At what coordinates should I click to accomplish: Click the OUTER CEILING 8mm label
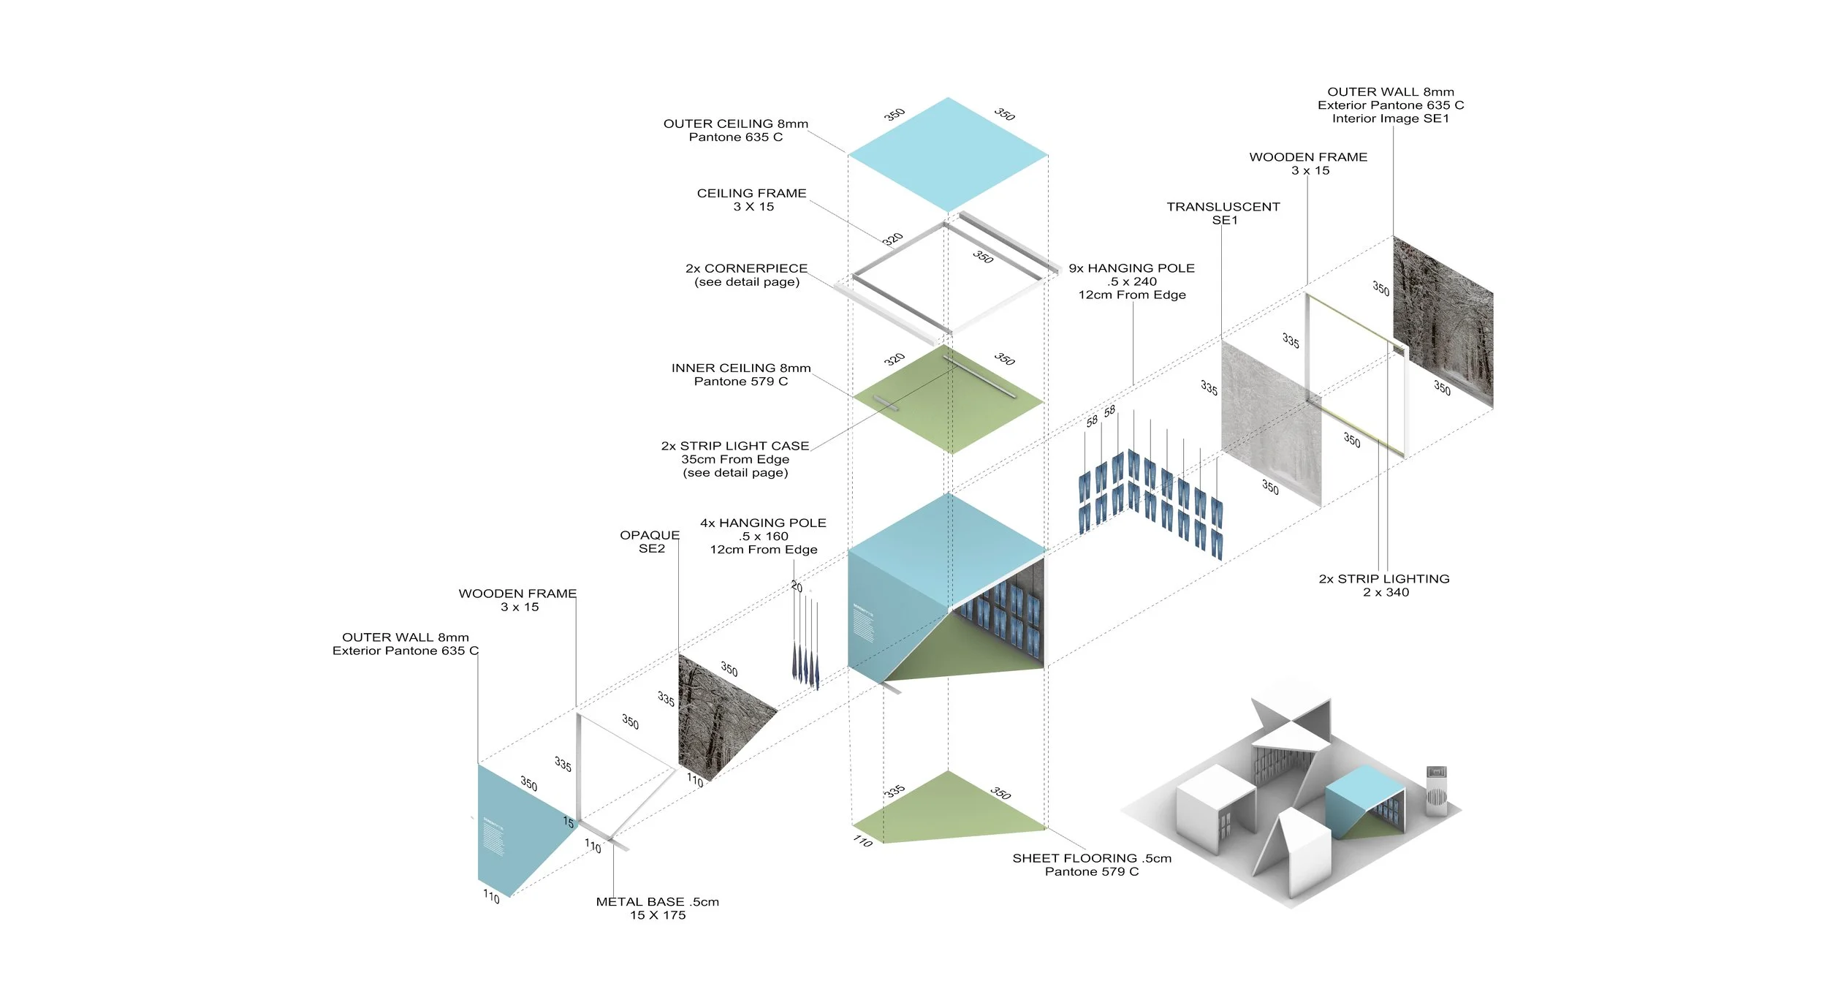pos(735,130)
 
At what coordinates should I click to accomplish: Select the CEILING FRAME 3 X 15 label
pos(752,200)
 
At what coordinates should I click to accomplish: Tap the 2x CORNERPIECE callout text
pos(746,275)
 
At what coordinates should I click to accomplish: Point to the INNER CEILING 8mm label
pos(741,374)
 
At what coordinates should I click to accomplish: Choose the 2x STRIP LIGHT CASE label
pos(735,459)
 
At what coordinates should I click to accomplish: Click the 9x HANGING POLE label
pos(1131,281)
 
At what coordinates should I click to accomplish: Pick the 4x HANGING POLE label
pos(763,536)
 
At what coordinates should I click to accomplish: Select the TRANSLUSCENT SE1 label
pos(1223,213)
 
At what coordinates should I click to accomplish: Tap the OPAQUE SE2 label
pos(650,542)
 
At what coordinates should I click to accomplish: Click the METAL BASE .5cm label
pos(658,908)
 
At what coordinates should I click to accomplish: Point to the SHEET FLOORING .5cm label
pos(1092,864)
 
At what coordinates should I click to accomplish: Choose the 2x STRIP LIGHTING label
pos(1384,585)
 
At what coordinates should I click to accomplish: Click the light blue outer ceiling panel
pos(948,154)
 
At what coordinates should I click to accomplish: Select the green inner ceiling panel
pos(949,401)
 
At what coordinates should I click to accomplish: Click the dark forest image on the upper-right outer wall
pos(1443,322)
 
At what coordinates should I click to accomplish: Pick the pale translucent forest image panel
pos(1270,420)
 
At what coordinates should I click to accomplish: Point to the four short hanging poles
pos(805,643)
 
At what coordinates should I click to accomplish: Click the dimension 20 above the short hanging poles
pos(797,587)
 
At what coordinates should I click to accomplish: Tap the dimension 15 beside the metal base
pos(569,822)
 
